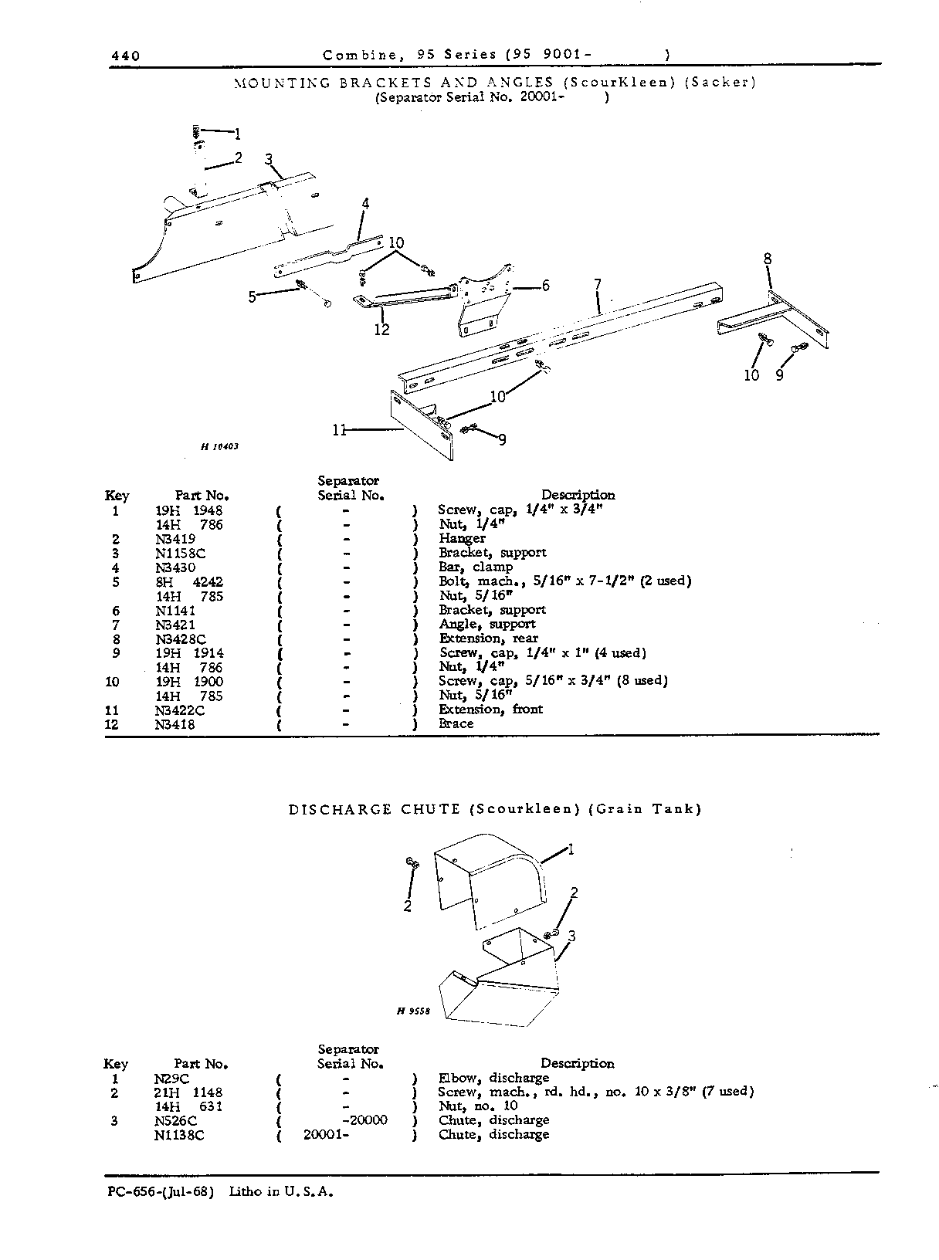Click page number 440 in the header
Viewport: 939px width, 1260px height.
click(x=126, y=56)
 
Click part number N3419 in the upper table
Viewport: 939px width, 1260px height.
click(x=175, y=539)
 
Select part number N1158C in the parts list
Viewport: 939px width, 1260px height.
click(x=181, y=553)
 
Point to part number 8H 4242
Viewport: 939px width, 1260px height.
click(x=189, y=581)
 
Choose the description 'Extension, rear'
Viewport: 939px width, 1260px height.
click(x=488, y=638)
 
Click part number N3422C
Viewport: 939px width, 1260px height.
click(x=180, y=710)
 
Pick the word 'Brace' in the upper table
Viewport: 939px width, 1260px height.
click(x=456, y=723)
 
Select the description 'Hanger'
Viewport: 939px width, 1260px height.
click(x=462, y=538)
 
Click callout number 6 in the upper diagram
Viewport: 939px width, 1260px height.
click(x=546, y=285)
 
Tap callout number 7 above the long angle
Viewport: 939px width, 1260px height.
click(x=598, y=284)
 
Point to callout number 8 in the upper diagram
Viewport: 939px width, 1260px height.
click(x=768, y=259)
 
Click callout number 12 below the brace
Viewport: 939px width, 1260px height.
click(x=382, y=330)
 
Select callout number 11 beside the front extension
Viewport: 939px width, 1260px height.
click(x=339, y=431)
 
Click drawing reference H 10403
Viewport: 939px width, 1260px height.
click(x=219, y=446)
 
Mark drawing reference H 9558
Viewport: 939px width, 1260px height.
click(x=413, y=1011)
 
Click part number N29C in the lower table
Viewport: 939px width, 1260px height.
click(x=171, y=1079)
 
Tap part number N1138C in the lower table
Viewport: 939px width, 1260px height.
click(x=179, y=1135)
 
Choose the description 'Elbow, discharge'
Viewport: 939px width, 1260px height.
click(x=494, y=1078)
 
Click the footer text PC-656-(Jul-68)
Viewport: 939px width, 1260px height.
click(x=161, y=1192)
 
